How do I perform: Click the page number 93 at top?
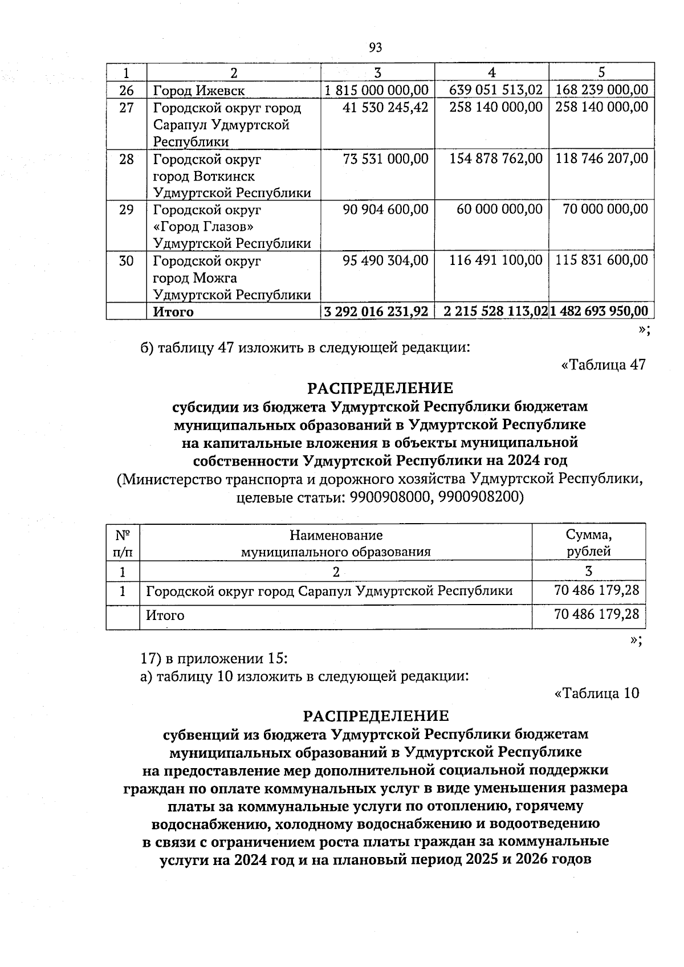tap(375, 48)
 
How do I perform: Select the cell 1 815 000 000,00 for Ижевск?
tap(376, 90)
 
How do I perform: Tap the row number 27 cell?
tap(127, 108)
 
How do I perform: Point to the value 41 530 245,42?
tap(385, 108)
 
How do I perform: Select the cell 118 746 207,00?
tap(601, 159)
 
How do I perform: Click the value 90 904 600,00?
tap(385, 210)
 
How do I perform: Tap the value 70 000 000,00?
tap(605, 210)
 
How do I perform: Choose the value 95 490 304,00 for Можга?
tap(385, 261)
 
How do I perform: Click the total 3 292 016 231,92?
tap(376, 312)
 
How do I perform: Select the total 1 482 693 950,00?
tap(601, 312)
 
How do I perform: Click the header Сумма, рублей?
tap(588, 543)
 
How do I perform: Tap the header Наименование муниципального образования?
tap(336, 543)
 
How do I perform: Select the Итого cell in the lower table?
tap(165, 615)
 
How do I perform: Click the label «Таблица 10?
tap(597, 693)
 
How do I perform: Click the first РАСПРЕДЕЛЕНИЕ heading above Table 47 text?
tap(380, 389)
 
